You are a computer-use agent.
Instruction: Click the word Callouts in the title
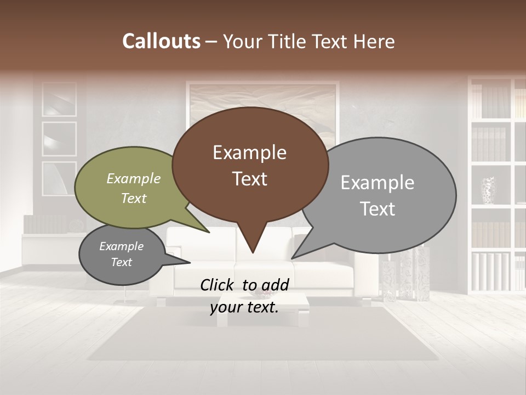point(161,41)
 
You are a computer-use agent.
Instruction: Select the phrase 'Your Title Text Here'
point(308,42)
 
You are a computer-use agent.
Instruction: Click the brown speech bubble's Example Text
point(250,166)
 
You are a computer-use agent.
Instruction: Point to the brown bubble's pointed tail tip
point(253,252)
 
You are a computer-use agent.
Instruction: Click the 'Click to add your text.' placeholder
point(244,296)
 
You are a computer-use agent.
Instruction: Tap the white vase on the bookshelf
point(488,190)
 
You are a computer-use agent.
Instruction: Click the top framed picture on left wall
point(59,99)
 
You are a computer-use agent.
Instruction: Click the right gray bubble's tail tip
point(293,258)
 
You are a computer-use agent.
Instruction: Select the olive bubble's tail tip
point(209,232)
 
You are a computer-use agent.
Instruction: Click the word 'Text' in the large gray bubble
point(378,209)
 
